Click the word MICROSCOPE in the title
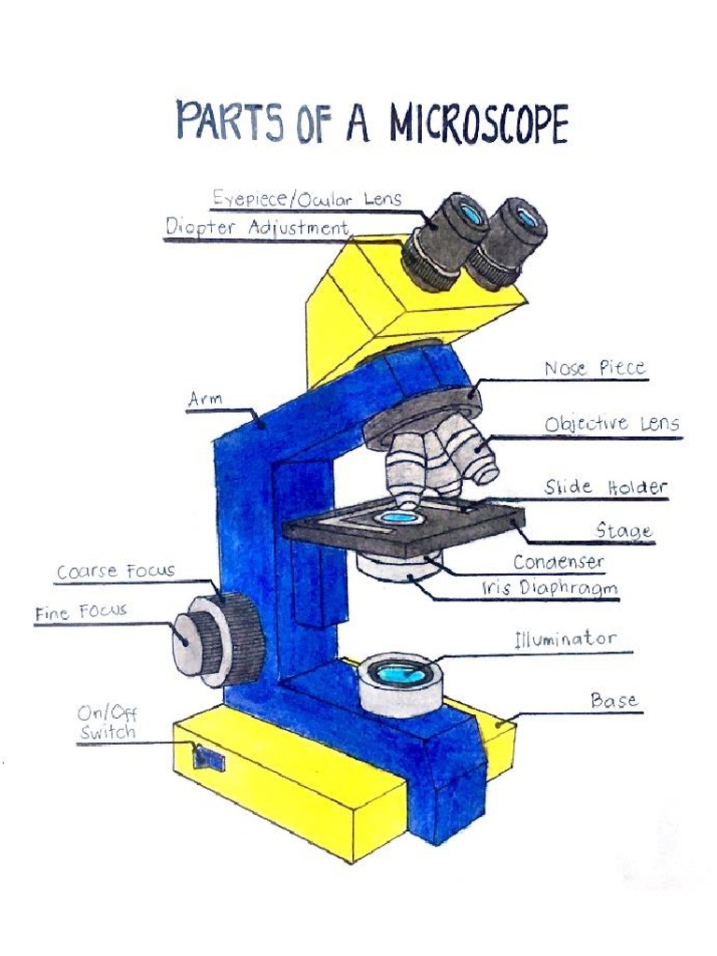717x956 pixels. point(478,125)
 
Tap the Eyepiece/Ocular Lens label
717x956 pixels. point(306,199)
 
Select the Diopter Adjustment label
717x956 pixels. point(258,227)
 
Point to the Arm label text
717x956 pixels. point(204,401)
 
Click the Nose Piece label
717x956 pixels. point(595,369)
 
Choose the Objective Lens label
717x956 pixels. point(612,424)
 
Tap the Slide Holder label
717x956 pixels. point(606,487)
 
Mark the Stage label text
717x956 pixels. point(624,530)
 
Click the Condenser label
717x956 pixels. point(558,563)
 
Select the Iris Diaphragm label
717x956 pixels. point(550,589)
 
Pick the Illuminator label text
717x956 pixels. point(565,640)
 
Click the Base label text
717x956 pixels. point(613,700)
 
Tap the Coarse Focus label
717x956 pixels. point(116,571)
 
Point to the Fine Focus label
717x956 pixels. point(81,613)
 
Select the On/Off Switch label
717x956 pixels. point(107,724)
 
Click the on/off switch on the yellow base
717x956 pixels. point(208,758)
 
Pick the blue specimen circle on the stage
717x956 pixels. point(401,516)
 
